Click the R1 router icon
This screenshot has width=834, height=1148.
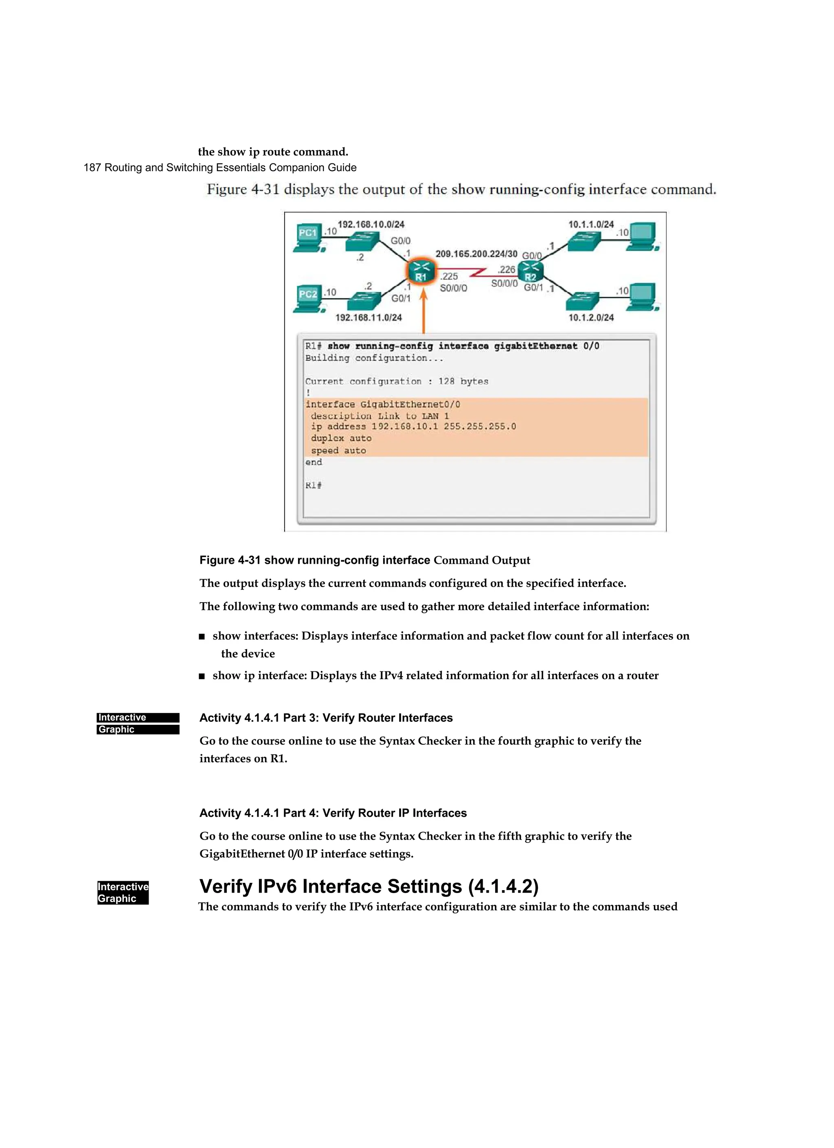(x=421, y=272)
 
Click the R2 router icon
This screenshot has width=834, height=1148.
(x=530, y=272)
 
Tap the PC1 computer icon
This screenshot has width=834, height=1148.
(x=309, y=237)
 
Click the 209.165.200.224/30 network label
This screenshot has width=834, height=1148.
(x=476, y=253)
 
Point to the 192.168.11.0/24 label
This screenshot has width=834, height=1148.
(x=369, y=317)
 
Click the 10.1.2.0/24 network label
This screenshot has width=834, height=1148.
(x=590, y=317)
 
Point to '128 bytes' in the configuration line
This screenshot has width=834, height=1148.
(x=463, y=381)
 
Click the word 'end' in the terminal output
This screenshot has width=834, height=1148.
(x=313, y=462)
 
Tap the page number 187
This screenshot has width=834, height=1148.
(x=92, y=167)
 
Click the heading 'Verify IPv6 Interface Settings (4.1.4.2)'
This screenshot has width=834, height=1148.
(x=369, y=886)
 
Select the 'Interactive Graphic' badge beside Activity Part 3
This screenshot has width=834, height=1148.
(x=138, y=724)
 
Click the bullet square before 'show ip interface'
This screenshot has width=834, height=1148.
(x=202, y=676)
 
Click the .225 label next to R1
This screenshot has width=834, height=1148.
(x=449, y=276)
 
